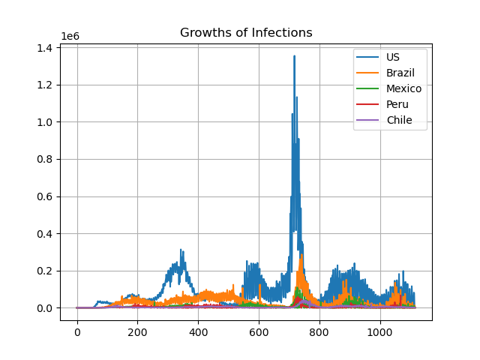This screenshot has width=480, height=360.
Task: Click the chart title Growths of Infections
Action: coord(246,32)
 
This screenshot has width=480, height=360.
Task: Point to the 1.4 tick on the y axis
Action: coord(44,48)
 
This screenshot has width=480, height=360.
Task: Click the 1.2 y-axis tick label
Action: coord(44,85)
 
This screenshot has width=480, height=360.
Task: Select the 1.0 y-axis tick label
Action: coord(44,122)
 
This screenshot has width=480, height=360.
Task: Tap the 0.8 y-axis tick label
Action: coord(44,160)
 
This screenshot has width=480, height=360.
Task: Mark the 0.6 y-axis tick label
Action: coord(44,196)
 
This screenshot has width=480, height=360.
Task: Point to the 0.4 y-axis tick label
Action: coord(44,234)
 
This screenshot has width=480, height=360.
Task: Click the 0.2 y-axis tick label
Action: coord(44,271)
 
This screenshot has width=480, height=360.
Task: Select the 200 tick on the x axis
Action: coord(137,332)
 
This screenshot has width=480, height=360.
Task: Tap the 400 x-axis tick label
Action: coord(198,332)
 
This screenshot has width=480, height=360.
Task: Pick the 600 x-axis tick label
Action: coord(259,332)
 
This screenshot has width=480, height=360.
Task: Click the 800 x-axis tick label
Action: coord(319,332)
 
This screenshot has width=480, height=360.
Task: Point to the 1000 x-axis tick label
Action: coord(380,332)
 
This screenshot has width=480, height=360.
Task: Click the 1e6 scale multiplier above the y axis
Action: coord(70,36)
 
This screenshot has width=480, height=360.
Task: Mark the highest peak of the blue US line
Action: coord(294,56)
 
